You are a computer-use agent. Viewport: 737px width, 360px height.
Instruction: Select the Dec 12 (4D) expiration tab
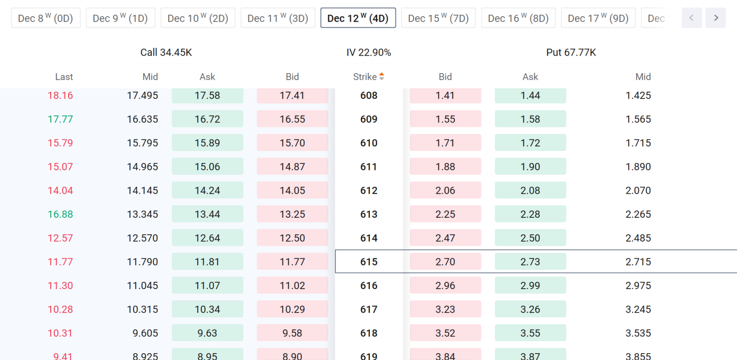358,18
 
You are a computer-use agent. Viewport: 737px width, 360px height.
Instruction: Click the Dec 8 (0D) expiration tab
46,18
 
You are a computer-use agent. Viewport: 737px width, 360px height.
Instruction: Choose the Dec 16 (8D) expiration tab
518,18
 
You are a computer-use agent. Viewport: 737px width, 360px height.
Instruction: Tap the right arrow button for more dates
716,18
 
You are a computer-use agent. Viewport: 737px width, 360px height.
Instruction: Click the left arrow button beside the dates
691,18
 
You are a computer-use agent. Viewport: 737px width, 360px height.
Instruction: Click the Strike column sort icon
382,76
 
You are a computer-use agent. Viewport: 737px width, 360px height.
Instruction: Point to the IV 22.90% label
368,52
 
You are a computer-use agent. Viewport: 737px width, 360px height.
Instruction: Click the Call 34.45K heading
166,52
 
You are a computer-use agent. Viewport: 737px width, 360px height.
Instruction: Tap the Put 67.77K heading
571,52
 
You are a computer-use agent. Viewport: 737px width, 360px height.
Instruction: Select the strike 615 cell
369,261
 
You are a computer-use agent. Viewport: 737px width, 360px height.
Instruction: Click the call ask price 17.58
207,96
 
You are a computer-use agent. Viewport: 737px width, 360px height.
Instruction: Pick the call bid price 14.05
292,191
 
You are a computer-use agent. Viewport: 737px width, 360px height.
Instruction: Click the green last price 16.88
60,215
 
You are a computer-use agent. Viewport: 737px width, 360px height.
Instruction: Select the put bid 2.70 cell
445,261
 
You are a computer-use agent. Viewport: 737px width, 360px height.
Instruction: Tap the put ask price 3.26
530,309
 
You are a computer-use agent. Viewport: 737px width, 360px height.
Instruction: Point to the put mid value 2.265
638,215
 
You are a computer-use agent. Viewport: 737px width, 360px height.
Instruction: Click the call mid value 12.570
142,238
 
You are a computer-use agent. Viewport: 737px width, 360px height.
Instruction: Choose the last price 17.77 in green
60,119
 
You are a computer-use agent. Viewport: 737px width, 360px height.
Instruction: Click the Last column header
64,77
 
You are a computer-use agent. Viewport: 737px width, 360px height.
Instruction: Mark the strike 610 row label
369,143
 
